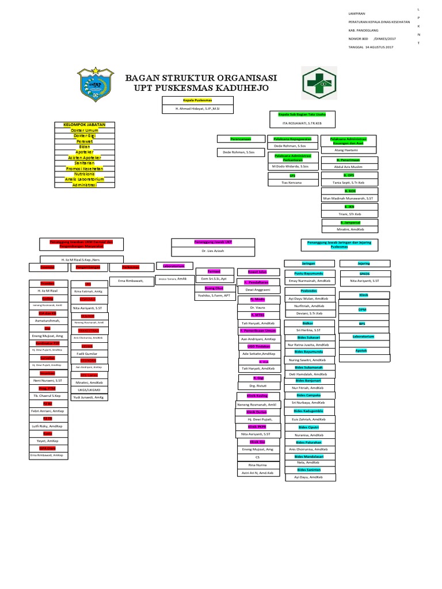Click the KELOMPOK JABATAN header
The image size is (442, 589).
[x=84, y=124]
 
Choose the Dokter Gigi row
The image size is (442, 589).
[x=84, y=136]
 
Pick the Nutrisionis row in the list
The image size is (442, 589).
[x=84, y=174]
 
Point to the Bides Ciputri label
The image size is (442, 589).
[x=309, y=428]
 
